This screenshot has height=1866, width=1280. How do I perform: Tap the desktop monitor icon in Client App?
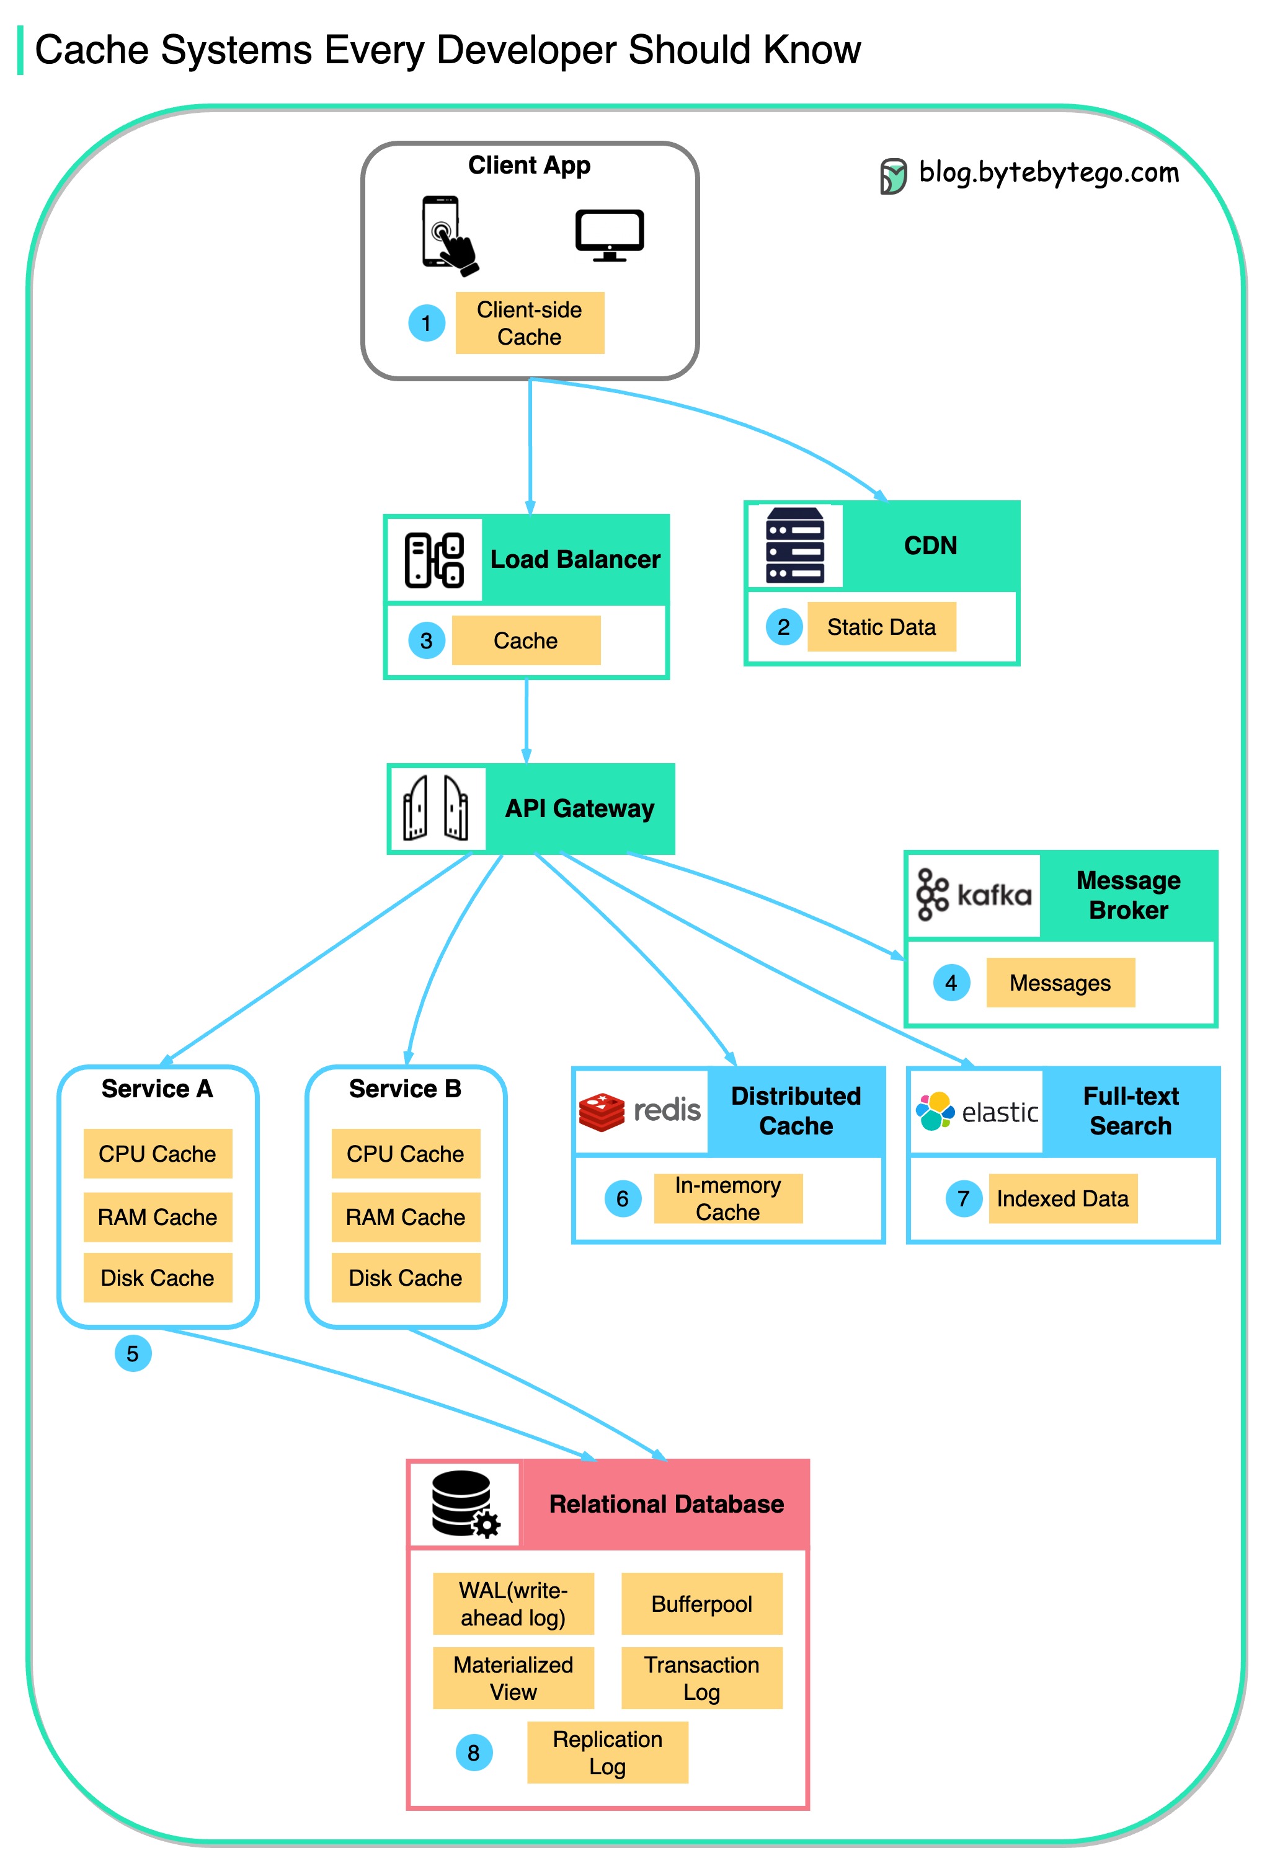(x=610, y=234)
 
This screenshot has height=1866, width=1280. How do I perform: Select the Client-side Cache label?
(x=529, y=323)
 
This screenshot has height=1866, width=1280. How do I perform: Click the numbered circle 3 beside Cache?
(x=427, y=641)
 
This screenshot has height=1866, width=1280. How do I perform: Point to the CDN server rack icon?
(x=794, y=545)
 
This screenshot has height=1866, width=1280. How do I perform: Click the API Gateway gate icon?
(x=436, y=808)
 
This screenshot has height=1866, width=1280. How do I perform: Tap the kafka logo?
(x=973, y=895)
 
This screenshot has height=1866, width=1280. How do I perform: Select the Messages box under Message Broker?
(x=1060, y=983)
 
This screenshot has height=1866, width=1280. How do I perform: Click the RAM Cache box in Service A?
(x=158, y=1217)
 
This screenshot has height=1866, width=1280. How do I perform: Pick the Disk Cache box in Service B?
(x=406, y=1278)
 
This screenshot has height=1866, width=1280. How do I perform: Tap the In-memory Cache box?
(x=727, y=1199)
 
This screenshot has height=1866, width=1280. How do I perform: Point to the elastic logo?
(x=977, y=1112)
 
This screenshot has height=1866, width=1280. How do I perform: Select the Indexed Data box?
(x=1062, y=1199)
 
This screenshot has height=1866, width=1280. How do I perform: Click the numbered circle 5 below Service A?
(x=133, y=1354)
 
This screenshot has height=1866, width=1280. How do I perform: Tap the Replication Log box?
(x=607, y=1753)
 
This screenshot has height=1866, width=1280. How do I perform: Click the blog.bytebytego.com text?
(x=1048, y=172)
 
